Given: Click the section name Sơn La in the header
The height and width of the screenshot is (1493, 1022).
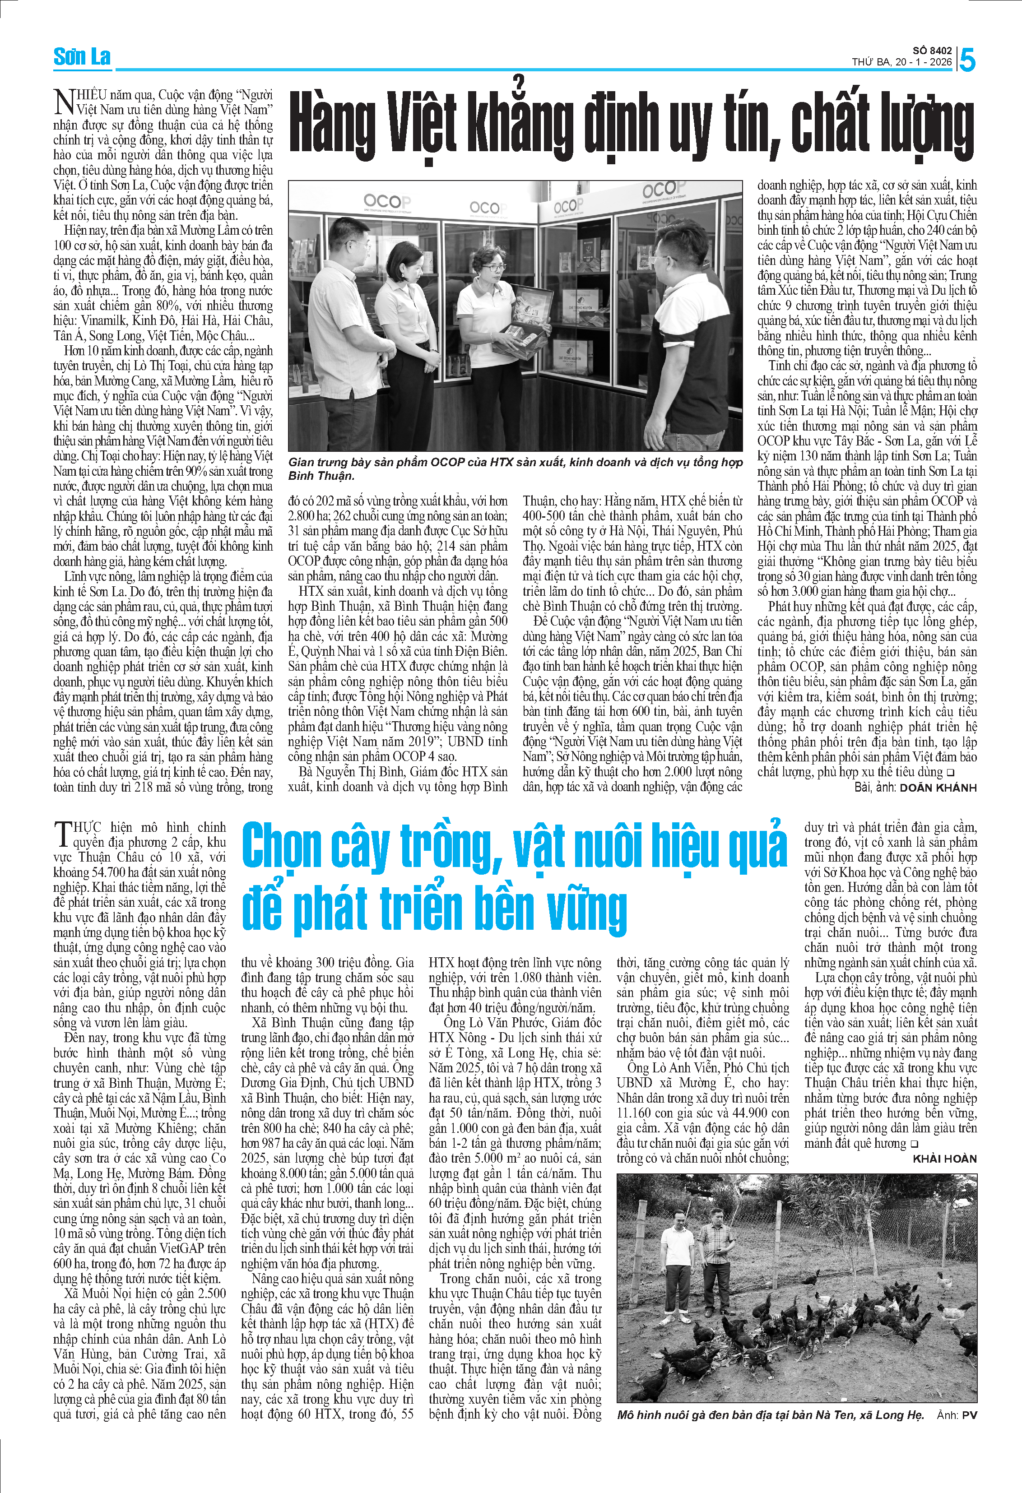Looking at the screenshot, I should pos(82,57).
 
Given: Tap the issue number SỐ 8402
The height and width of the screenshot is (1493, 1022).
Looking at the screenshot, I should pos(932,50).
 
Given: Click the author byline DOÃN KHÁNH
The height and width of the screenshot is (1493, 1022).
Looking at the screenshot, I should pos(938,787).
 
